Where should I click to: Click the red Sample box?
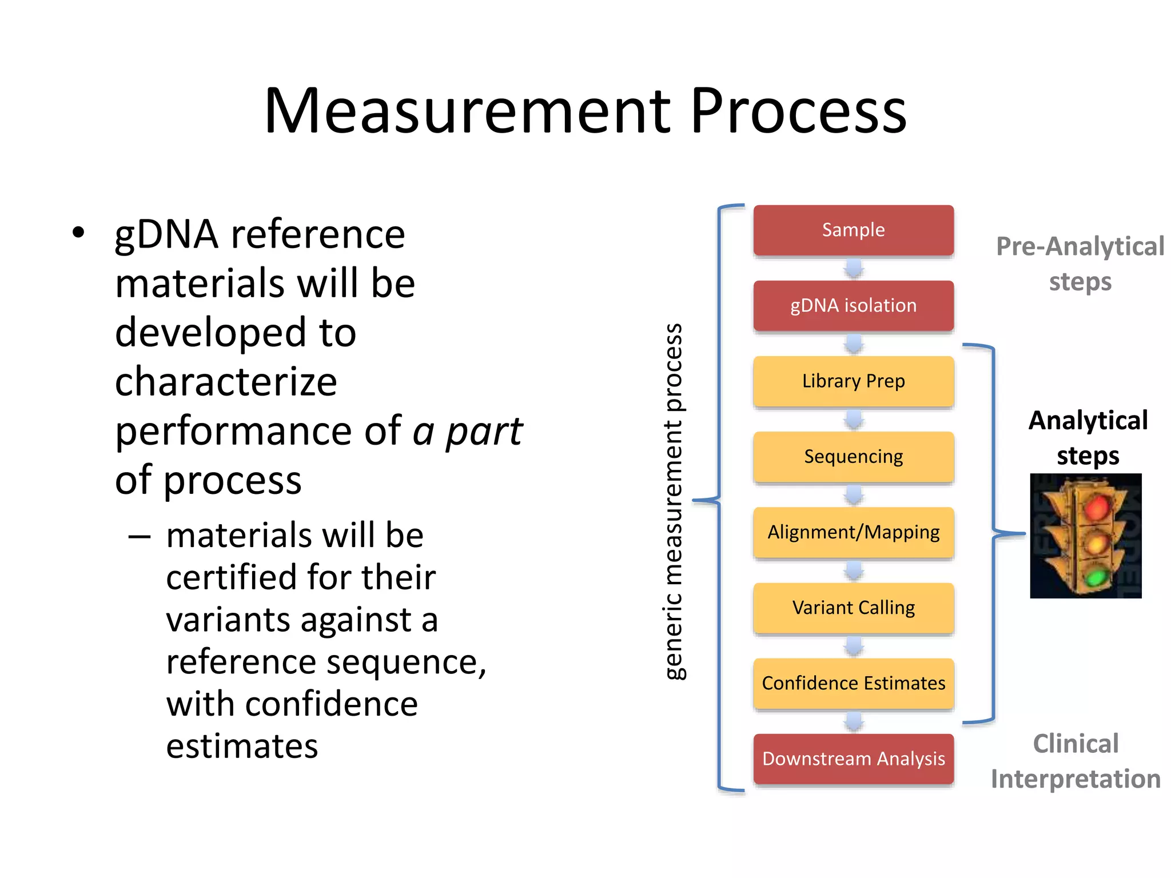tap(853, 230)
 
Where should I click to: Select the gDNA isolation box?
tap(853, 305)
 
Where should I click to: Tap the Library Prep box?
tap(853, 381)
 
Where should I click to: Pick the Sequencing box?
tap(853, 456)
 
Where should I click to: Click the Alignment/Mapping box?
tap(853, 532)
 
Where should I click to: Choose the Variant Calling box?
tap(853, 608)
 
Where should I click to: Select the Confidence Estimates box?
tap(853, 683)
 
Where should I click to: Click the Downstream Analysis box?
tap(853, 759)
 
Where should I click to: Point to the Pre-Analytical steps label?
tap(1080, 264)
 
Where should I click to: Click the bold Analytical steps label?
tap(1088, 438)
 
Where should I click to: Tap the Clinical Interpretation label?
tap(1076, 761)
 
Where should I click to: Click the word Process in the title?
tap(798, 111)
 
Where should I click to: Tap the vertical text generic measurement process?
tap(675, 501)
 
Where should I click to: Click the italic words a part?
tap(467, 431)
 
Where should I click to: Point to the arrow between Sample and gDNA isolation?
tap(854, 268)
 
